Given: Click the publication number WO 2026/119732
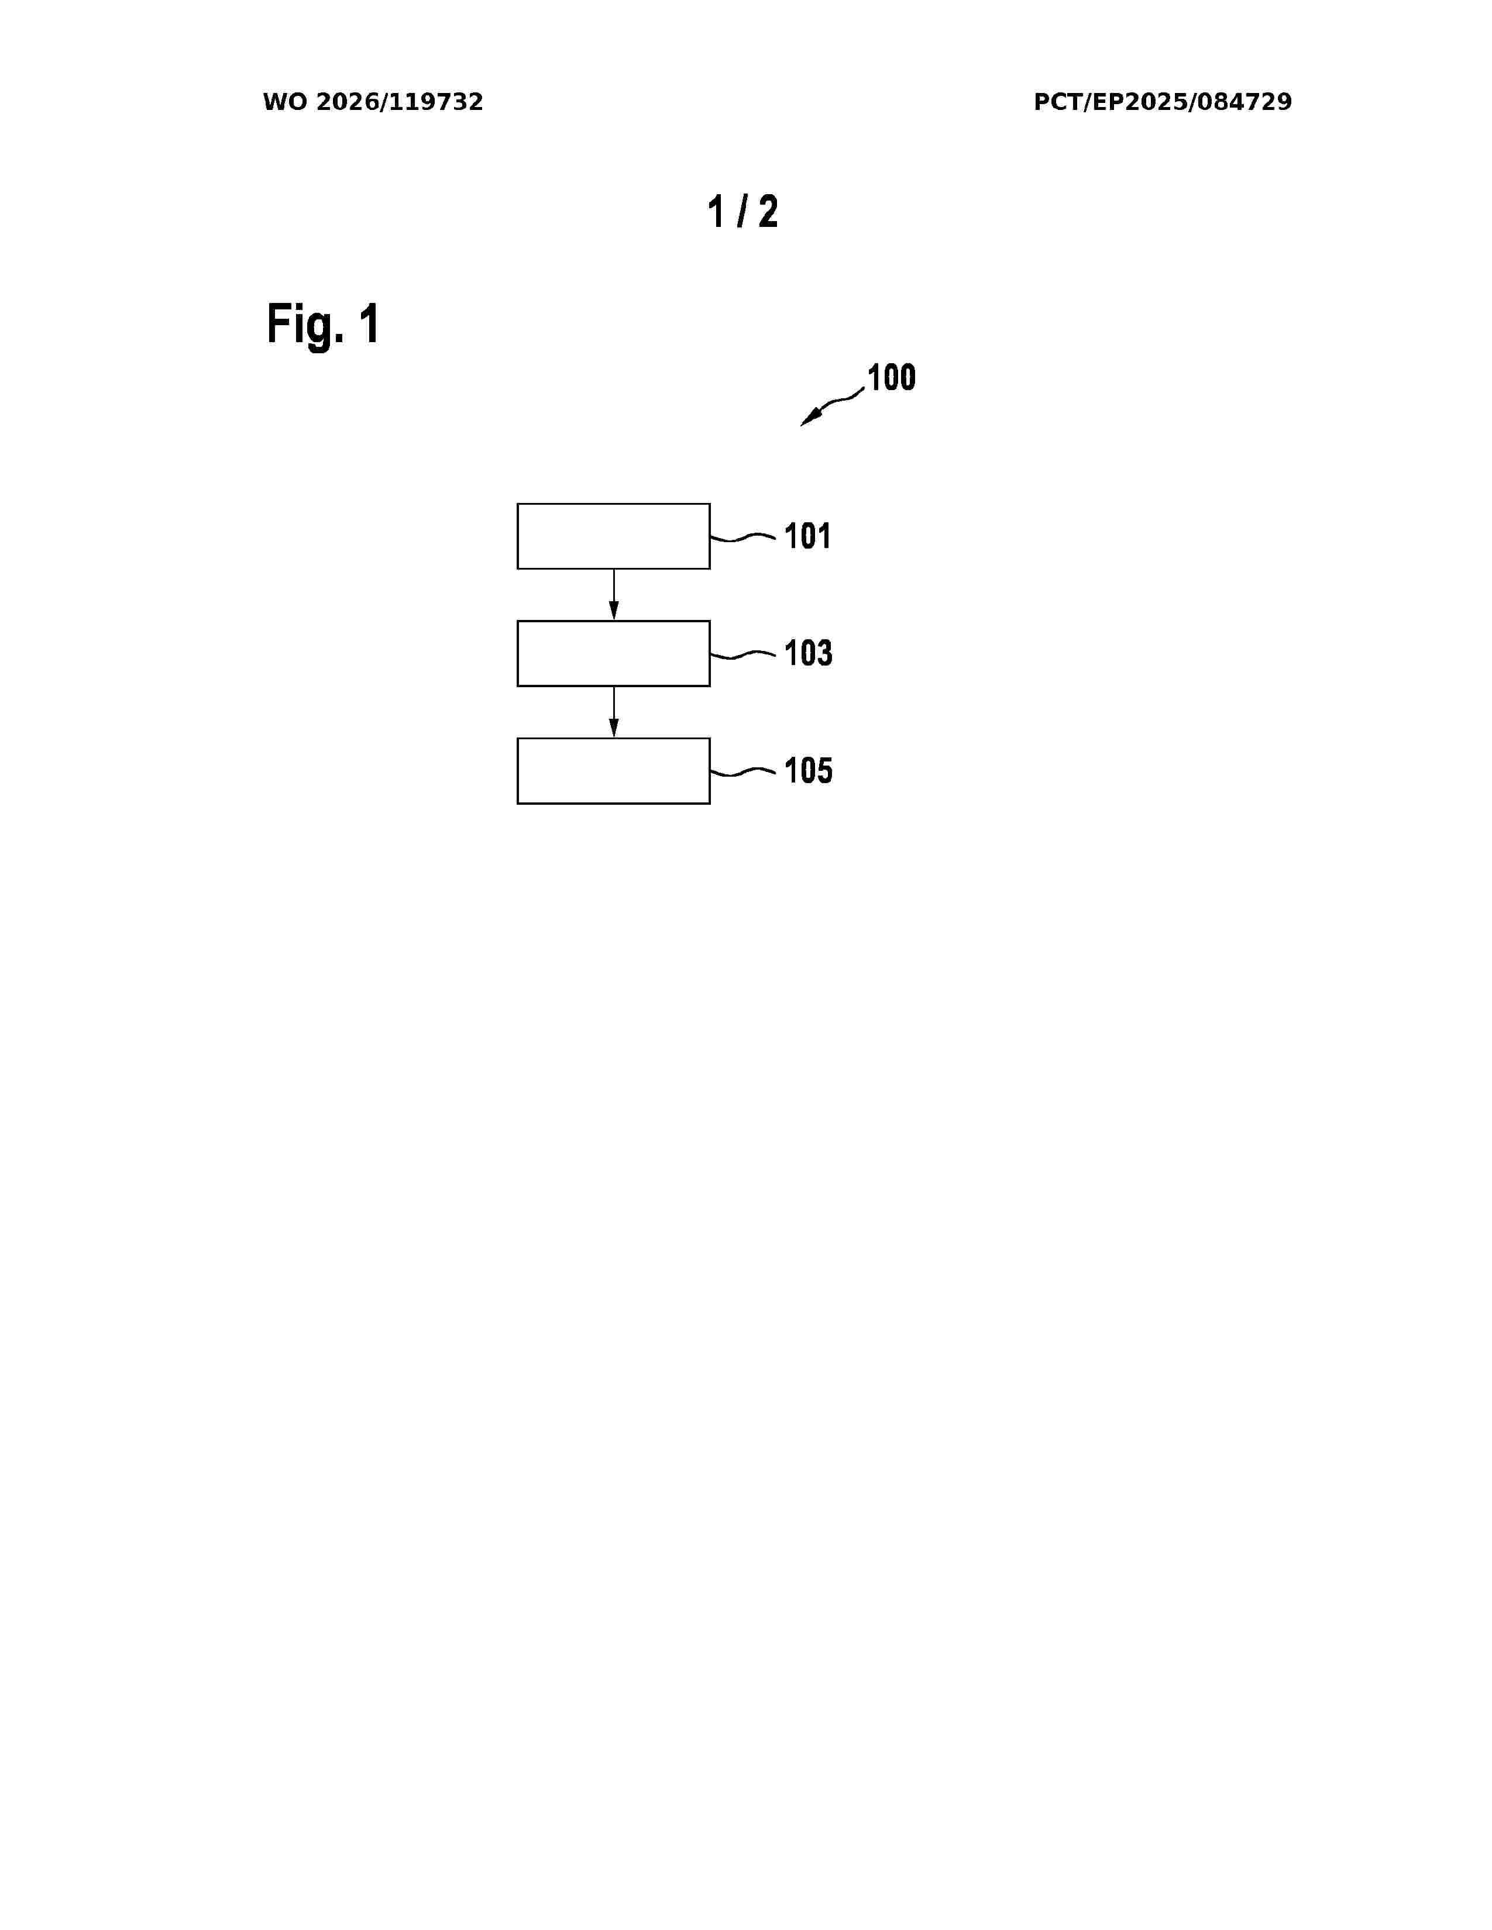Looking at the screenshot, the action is tap(373, 102).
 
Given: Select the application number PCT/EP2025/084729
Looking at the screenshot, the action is tap(1163, 102).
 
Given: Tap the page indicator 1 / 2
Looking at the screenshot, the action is tap(742, 212).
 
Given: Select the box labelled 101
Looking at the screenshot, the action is tap(613, 536).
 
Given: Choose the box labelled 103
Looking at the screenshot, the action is tap(613, 654).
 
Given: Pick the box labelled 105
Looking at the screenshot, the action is tap(613, 771).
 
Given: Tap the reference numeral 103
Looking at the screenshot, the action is tap(808, 654).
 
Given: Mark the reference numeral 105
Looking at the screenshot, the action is tap(808, 771).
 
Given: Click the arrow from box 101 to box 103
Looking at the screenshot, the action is tap(613, 595).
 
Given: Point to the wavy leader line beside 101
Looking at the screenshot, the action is tap(743, 536).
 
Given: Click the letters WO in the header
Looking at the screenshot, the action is tap(284, 102).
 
